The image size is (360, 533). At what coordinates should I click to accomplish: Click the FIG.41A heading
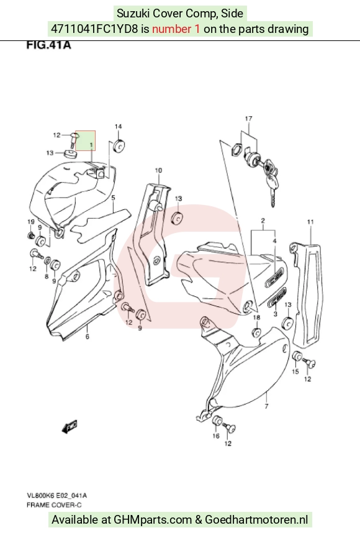pyautogui.click(x=48, y=45)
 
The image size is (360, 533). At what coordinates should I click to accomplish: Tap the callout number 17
pyautogui.click(x=249, y=118)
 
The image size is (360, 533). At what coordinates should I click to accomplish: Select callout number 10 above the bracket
pyautogui.click(x=159, y=170)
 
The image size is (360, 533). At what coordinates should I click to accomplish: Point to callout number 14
pyautogui.click(x=118, y=127)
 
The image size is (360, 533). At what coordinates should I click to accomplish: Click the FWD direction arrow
pyautogui.click(x=70, y=427)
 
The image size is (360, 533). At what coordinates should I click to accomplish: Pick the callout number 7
pyautogui.click(x=266, y=406)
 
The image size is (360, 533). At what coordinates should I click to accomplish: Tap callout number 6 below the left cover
pyautogui.click(x=88, y=337)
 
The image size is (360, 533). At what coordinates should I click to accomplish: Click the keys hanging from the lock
pyautogui.click(x=270, y=180)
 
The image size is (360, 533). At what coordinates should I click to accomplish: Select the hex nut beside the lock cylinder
pyautogui.click(x=236, y=150)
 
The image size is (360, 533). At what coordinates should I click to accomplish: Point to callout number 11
pyautogui.click(x=310, y=222)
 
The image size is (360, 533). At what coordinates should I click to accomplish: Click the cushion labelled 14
pyautogui.click(x=119, y=146)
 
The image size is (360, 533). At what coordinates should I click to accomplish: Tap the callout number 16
pyautogui.click(x=216, y=436)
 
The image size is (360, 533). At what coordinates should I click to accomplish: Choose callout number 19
pyautogui.click(x=31, y=222)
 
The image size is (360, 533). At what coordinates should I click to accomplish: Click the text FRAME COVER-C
pyautogui.click(x=54, y=505)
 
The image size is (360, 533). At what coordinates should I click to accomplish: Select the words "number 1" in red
pyautogui.click(x=176, y=29)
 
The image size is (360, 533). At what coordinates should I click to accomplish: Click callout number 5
pyautogui.click(x=113, y=198)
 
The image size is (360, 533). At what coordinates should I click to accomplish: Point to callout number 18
pyautogui.click(x=257, y=317)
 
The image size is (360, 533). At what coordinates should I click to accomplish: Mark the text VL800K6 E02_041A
pyautogui.click(x=56, y=496)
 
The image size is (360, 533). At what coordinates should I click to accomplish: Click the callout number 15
pyautogui.click(x=295, y=371)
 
